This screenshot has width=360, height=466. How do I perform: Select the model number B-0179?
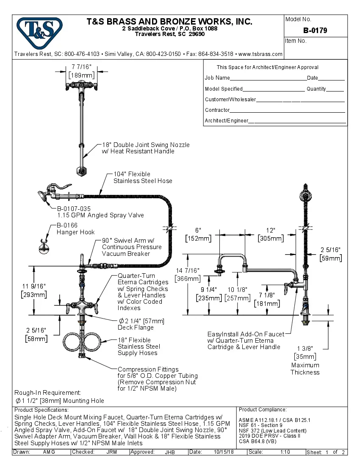pos(315,31)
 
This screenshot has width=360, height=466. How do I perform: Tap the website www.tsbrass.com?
pos(260,54)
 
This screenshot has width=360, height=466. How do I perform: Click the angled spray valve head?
pos(42,197)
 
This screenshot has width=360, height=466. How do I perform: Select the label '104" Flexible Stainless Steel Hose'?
pos(142,178)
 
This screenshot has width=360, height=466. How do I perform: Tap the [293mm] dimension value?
pos(34,294)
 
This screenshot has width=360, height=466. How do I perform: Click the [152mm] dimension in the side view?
pos(198,239)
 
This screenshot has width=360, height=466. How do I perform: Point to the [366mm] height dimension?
pos(188,278)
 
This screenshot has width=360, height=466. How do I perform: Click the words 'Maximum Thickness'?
pos(305,369)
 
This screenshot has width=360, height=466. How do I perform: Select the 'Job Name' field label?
pos(217,78)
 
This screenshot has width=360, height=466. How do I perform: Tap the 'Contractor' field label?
pos(217,110)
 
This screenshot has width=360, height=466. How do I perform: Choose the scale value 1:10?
pos(285,452)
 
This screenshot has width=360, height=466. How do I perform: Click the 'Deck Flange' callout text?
pos(136,327)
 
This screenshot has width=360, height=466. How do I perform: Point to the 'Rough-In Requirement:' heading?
pos(47,393)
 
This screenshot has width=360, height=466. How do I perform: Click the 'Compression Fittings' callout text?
pos(148,369)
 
